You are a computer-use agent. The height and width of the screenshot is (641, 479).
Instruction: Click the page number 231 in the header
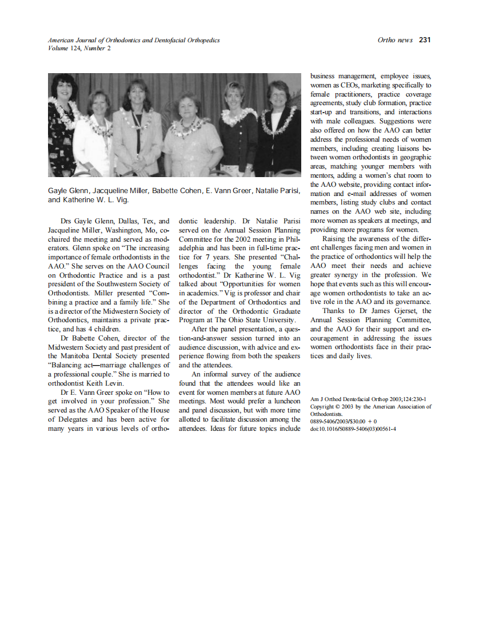pos(424,40)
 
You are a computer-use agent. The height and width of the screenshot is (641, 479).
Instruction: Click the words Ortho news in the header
pos(395,40)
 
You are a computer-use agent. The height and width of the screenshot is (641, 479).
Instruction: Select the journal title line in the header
pos(134,40)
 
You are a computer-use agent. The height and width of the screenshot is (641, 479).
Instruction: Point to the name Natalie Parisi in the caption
pos(277,190)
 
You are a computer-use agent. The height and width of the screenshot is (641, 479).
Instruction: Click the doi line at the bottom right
pos(353,428)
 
